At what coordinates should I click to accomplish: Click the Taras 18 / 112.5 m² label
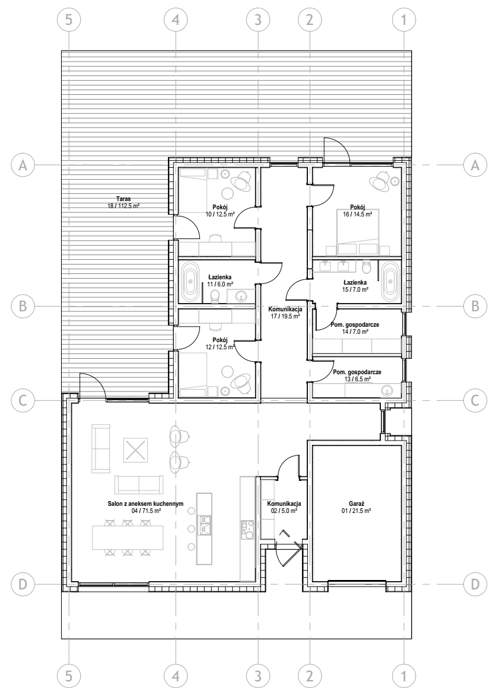(123, 203)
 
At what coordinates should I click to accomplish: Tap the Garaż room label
(357, 507)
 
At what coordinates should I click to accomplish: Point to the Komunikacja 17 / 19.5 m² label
(285, 313)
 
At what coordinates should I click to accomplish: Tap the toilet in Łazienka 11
(215, 295)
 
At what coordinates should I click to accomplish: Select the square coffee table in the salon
(135, 450)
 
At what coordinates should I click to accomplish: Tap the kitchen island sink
(205, 524)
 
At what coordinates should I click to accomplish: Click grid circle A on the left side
(23, 165)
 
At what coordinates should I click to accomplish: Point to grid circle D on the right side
(475, 584)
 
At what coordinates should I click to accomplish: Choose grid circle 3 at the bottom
(258, 677)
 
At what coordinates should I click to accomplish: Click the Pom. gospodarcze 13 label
(357, 375)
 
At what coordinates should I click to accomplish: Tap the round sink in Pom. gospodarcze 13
(387, 390)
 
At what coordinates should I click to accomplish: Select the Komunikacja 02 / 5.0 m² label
(284, 507)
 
